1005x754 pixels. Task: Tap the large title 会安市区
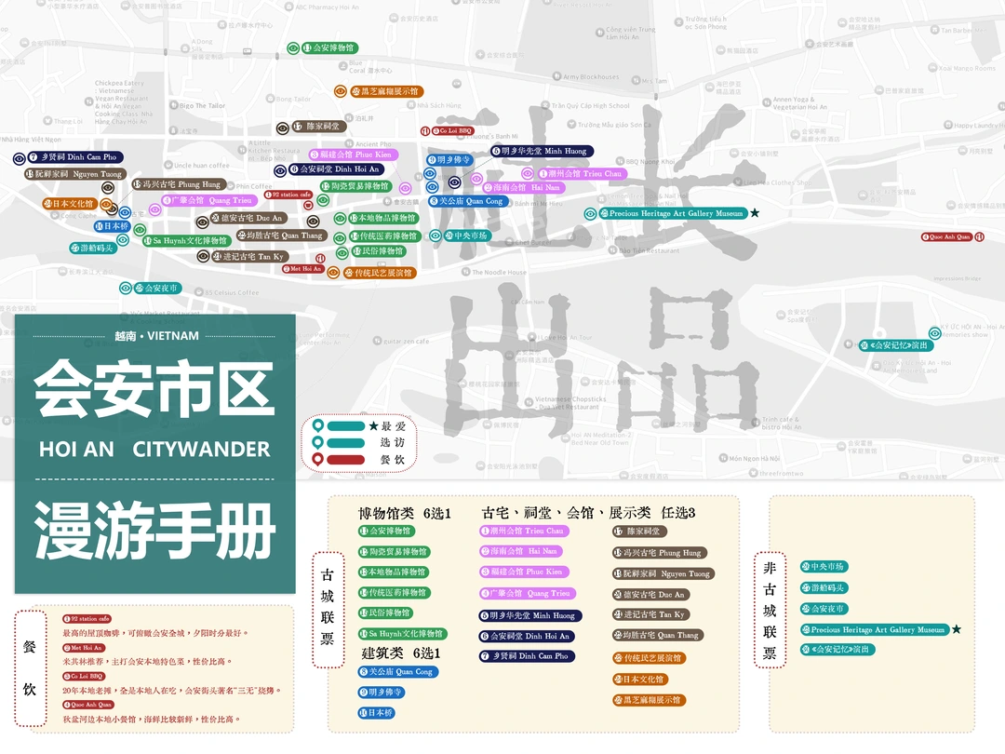click(x=154, y=389)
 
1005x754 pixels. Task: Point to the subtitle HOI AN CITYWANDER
click(x=154, y=450)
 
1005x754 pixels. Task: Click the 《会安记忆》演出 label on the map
click(x=894, y=345)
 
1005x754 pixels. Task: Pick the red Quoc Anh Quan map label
click(x=947, y=237)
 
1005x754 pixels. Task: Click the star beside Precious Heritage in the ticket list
click(x=956, y=630)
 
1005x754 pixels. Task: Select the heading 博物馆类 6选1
click(x=405, y=513)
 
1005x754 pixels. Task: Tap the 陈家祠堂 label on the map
click(x=317, y=127)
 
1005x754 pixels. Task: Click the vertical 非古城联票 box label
click(x=770, y=611)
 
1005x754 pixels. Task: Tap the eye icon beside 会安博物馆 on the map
click(x=293, y=47)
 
